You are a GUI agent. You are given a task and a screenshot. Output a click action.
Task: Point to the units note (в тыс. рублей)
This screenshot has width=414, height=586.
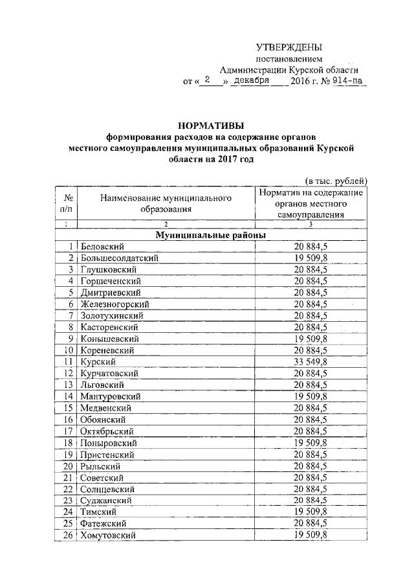(336, 180)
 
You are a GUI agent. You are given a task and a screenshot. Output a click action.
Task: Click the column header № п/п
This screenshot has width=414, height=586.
(67, 203)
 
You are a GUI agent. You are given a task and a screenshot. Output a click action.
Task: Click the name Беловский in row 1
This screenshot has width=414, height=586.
(102, 246)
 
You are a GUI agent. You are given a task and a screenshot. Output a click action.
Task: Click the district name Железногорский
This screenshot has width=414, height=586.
(114, 304)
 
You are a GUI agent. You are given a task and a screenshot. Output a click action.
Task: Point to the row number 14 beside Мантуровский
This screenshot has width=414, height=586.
(67, 396)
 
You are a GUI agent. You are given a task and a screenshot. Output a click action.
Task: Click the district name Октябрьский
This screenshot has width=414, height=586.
(107, 431)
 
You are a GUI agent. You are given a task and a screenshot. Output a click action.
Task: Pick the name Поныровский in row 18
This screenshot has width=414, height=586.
(108, 442)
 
